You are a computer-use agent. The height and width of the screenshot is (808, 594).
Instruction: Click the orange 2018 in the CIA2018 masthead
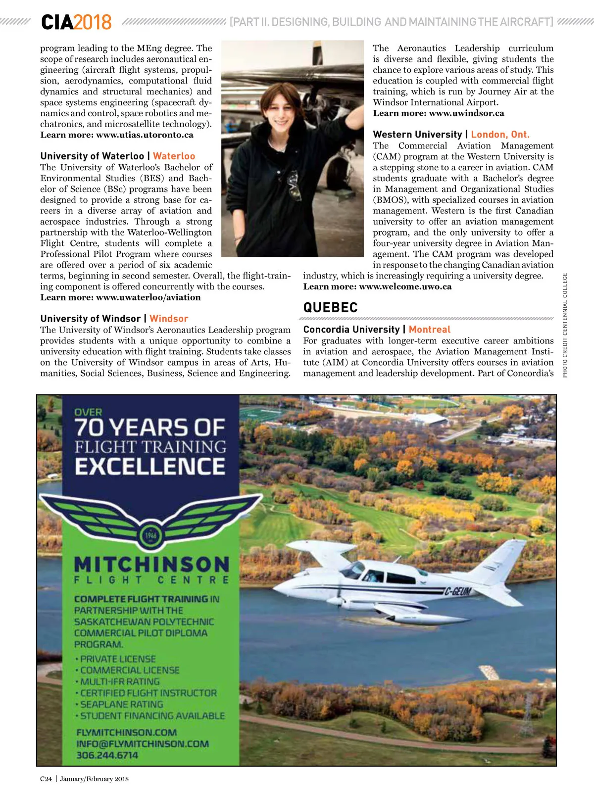pos(93,22)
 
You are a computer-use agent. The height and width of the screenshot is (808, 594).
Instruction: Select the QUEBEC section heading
pos(330,308)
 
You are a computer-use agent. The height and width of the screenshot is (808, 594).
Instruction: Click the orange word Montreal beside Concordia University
pos(429,330)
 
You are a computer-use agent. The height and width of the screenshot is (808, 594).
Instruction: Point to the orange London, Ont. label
pos(500,135)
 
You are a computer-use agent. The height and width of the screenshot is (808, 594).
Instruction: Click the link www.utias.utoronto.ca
pos(145,135)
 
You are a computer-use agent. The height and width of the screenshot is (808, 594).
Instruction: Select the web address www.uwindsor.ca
pos(466,113)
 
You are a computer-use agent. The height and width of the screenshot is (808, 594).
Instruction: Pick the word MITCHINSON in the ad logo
pos(151,564)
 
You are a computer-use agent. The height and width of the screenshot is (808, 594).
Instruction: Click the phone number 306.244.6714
pos(107,756)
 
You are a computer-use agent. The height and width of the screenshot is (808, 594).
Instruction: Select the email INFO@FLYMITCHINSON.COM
pos(143,744)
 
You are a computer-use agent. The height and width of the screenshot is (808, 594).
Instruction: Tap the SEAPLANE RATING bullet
pos(121,705)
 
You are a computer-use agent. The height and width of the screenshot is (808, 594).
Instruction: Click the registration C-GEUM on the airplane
pos(457,591)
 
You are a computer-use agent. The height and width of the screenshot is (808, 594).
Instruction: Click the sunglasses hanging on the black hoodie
pos(295,185)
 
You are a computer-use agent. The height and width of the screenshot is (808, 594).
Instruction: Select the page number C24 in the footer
pos(46,779)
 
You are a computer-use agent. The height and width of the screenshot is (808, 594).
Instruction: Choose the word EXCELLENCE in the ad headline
pos(150,467)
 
